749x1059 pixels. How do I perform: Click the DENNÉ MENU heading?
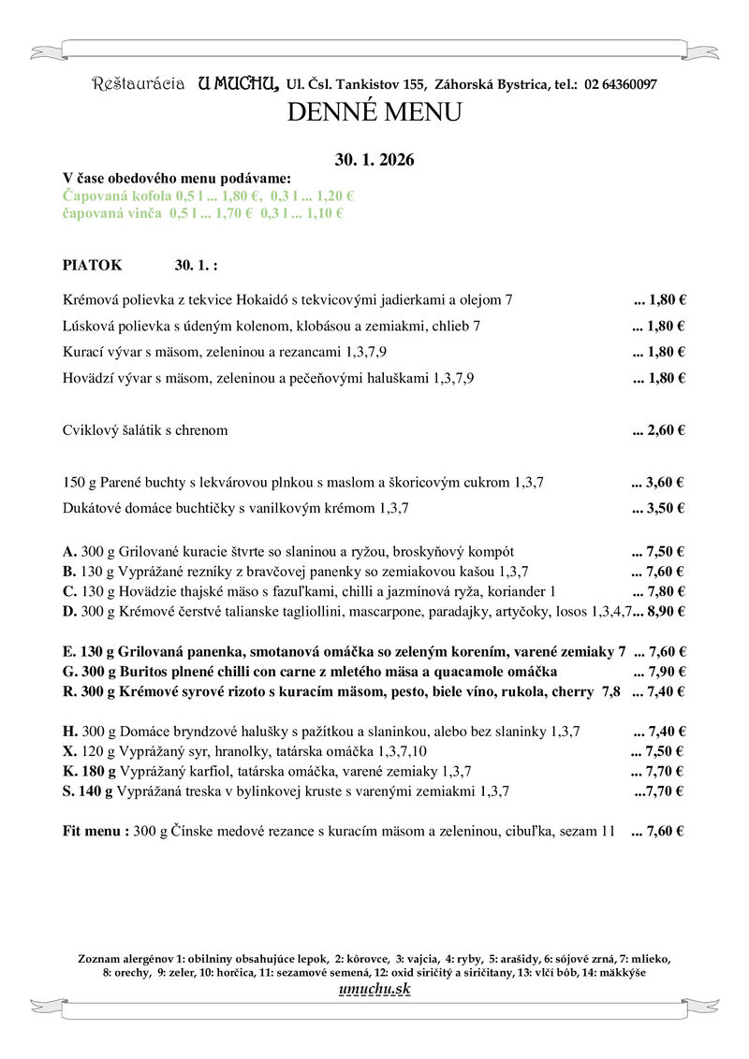click(374, 113)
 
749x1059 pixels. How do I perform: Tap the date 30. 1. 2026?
click(374, 160)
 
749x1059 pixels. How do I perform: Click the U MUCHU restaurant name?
click(238, 84)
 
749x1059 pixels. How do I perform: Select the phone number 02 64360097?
click(621, 85)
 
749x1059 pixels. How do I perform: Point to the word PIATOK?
click(92, 265)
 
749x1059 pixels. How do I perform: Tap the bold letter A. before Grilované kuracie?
click(69, 551)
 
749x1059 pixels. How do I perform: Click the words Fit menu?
click(95, 830)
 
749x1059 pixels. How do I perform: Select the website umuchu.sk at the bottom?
click(374, 990)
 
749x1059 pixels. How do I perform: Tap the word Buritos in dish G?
click(147, 672)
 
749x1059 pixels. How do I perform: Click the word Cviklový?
click(90, 430)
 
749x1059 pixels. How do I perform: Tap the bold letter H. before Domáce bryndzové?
click(69, 731)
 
